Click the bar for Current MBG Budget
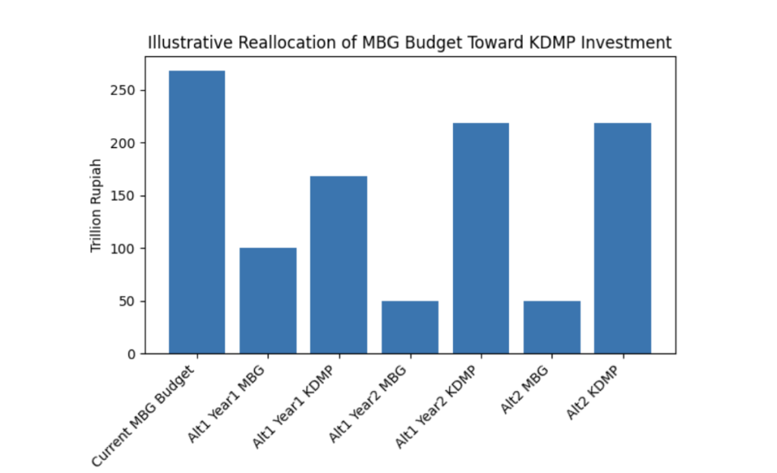(x=197, y=212)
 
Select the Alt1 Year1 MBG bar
(x=268, y=301)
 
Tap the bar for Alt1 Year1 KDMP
(x=338, y=265)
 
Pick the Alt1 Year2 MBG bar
(x=410, y=327)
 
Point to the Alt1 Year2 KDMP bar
(x=480, y=238)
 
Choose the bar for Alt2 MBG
(x=552, y=327)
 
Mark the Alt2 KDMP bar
(x=622, y=238)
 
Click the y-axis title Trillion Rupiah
(x=96, y=205)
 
